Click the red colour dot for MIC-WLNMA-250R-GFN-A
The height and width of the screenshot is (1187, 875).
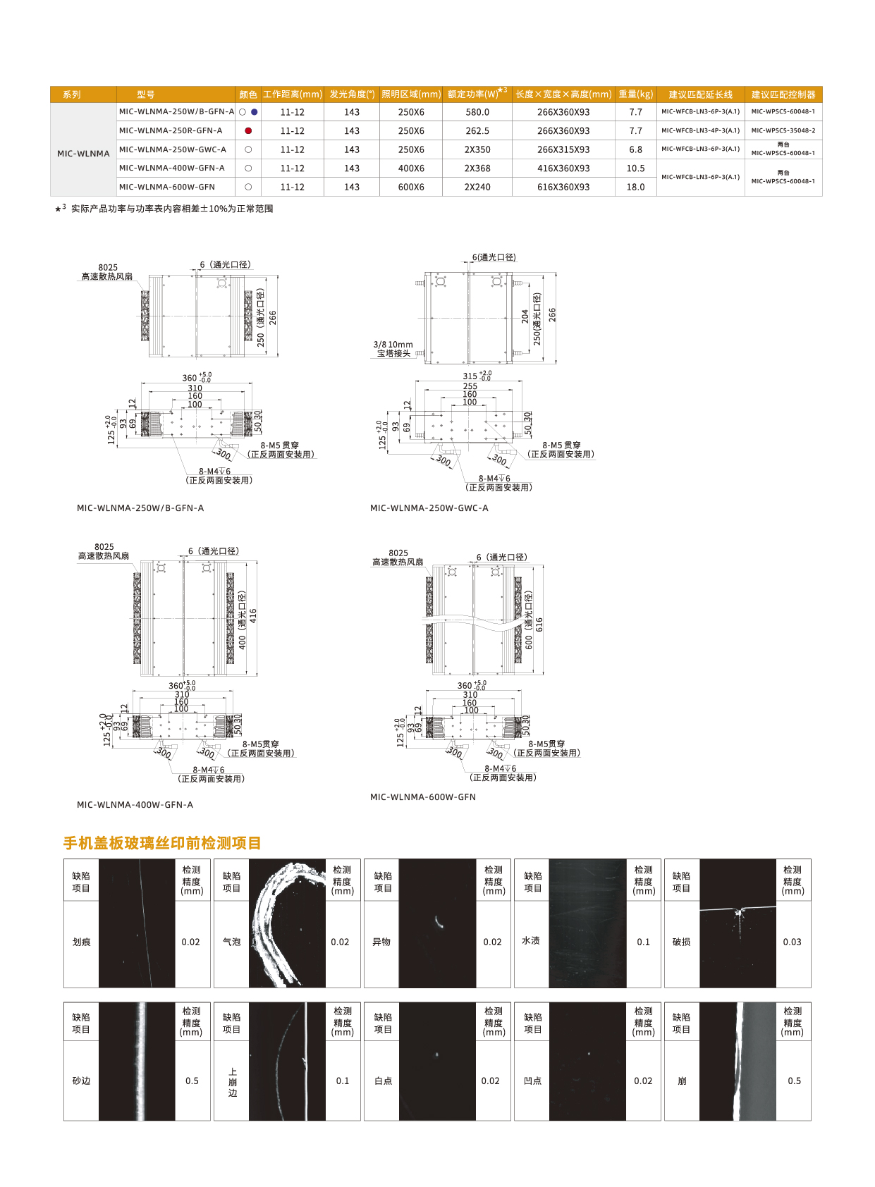coord(248,131)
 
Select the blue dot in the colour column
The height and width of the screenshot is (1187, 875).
coord(255,112)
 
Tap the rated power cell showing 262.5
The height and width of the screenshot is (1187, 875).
coord(477,131)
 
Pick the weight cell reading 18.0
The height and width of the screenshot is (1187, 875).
coord(635,187)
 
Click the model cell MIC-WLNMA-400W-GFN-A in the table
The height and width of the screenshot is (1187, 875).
coord(172,168)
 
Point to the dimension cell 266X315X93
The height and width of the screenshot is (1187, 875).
coord(563,149)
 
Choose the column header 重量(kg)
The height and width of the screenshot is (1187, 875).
coord(635,94)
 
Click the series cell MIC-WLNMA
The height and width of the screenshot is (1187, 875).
coord(83,154)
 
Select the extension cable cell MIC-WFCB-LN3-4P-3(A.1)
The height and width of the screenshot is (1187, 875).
coord(700,130)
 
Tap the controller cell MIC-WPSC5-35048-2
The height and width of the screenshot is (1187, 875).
coord(783,130)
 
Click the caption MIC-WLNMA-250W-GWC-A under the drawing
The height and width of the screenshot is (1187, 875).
coord(429,508)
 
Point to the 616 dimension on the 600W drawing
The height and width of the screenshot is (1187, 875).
coord(539,625)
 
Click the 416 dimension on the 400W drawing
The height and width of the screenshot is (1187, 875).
coord(253,615)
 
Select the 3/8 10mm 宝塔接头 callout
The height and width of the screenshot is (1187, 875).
coord(393,349)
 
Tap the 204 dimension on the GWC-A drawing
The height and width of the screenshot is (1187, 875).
coord(525,316)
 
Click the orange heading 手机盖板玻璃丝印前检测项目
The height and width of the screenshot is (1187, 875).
coord(162,843)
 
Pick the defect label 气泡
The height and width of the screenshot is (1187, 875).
coord(231,942)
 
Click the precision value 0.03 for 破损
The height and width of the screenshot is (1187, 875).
coord(792,942)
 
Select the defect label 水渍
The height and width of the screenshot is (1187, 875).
coord(531,940)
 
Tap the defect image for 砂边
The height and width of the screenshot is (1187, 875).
coord(137,1061)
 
